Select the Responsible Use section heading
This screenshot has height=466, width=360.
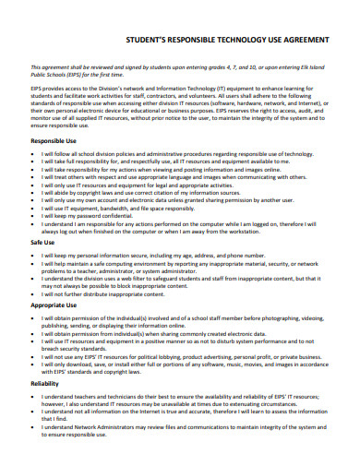pos(54,141)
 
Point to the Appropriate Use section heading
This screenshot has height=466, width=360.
pos(54,304)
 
